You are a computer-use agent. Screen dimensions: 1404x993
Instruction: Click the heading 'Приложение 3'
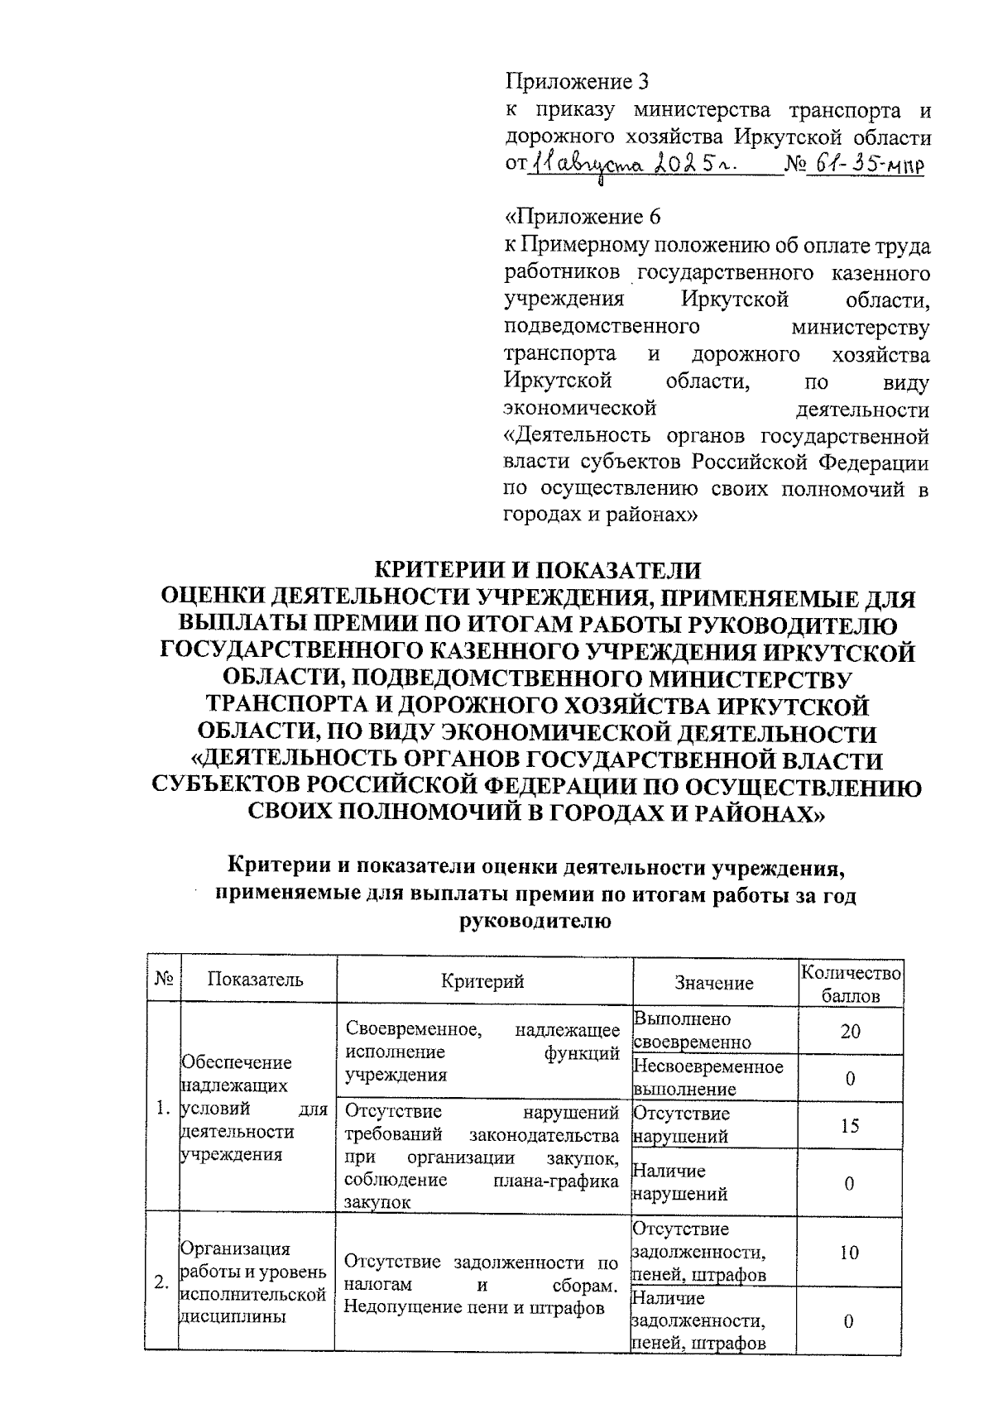pos(577,82)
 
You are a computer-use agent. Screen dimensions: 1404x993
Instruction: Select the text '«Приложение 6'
pos(583,218)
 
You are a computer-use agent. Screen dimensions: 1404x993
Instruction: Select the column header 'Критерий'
pos(483,981)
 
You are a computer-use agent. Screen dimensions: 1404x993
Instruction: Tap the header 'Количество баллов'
pos(850,984)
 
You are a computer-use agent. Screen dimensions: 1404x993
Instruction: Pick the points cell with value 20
pos(850,1031)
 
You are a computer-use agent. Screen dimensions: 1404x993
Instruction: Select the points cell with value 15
pos(850,1125)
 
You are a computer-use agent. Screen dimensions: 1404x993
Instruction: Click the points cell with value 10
pos(850,1252)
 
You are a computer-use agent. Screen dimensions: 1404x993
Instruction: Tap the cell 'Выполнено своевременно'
pos(692,1030)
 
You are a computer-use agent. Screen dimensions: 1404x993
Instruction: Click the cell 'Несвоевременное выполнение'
pos(707,1077)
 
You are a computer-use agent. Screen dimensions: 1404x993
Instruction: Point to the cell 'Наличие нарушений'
pos(680,1182)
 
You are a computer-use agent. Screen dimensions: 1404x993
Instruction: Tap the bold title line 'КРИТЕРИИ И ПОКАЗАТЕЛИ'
pos(538,571)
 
